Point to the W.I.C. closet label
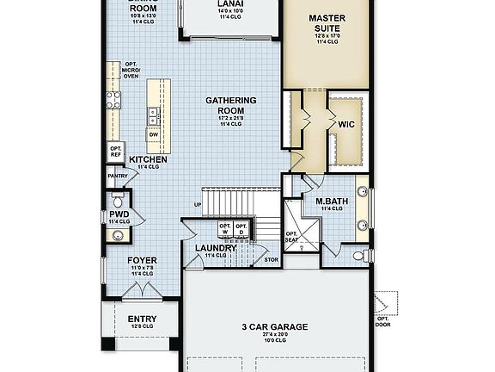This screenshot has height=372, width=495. (x=346, y=124)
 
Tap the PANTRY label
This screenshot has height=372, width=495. (x=118, y=177)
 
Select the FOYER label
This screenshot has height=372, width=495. (x=142, y=259)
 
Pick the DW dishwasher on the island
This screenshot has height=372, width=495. (x=154, y=134)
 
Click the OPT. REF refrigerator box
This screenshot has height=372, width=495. (x=116, y=152)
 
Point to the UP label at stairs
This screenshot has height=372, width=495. (x=198, y=204)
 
